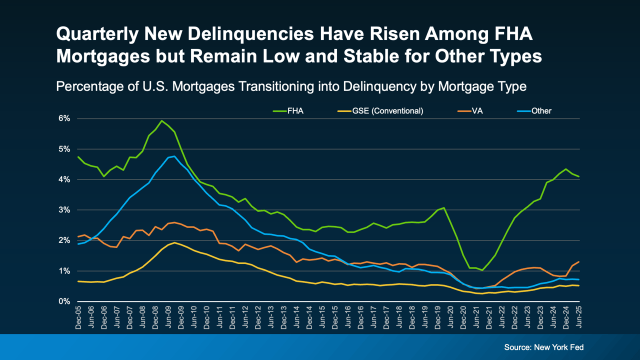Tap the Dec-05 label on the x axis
click(x=78, y=317)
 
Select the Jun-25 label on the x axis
click(x=579, y=317)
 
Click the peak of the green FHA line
click(x=161, y=120)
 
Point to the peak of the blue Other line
click(x=174, y=156)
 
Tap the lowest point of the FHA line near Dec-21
click(x=482, y=270)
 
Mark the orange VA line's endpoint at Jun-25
click(x=579, y=261)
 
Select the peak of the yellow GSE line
click(x=174, y=242)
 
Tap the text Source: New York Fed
click(x=544, y=347)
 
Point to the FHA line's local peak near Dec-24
click(x=566, y=169)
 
